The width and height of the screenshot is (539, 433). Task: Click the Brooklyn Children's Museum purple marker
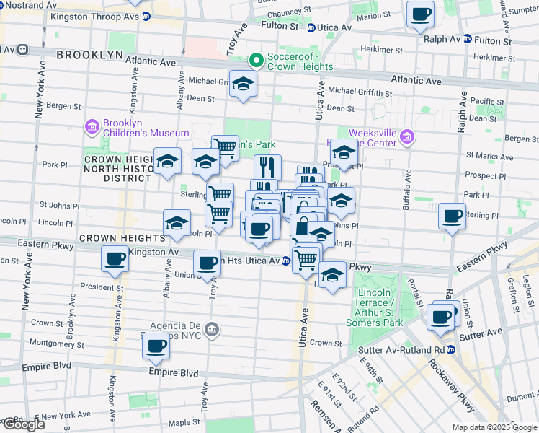92,128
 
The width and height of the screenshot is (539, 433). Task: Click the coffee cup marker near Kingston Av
115,259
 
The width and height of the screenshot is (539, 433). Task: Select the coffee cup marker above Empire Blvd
156,346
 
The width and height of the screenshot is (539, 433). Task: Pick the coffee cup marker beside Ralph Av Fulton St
420,14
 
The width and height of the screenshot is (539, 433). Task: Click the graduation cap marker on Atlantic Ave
243,84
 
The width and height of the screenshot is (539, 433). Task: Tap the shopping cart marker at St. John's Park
226,148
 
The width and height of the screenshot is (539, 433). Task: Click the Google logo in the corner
23,424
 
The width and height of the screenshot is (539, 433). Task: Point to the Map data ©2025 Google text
494,427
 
